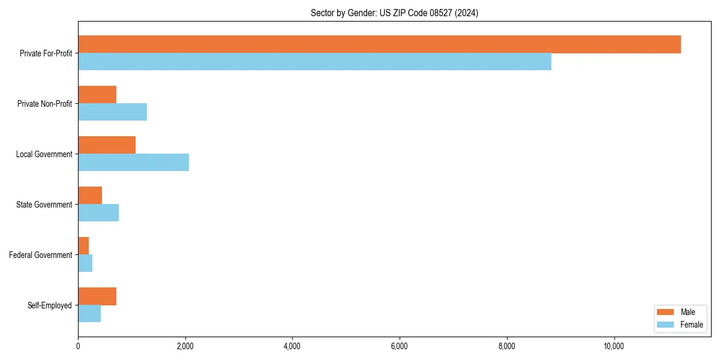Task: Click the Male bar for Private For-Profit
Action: click(379, 44)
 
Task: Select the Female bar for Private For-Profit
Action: click(314, 62)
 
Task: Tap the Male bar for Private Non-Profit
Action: click(97, 95)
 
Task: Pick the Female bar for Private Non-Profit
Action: click(112, 112)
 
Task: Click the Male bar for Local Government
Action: click(107, 145)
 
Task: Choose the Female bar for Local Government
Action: click(133, 163)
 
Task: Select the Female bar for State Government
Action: click(98, 213)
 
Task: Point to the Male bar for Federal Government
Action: click(83, 246)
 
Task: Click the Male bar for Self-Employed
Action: click(97, 296)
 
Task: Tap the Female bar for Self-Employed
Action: click(89, 314)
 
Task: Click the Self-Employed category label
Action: click(50, 305)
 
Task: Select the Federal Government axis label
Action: click(41, 255)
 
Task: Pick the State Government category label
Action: click(44, 205)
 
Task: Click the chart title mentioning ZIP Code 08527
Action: click(394, 13)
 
